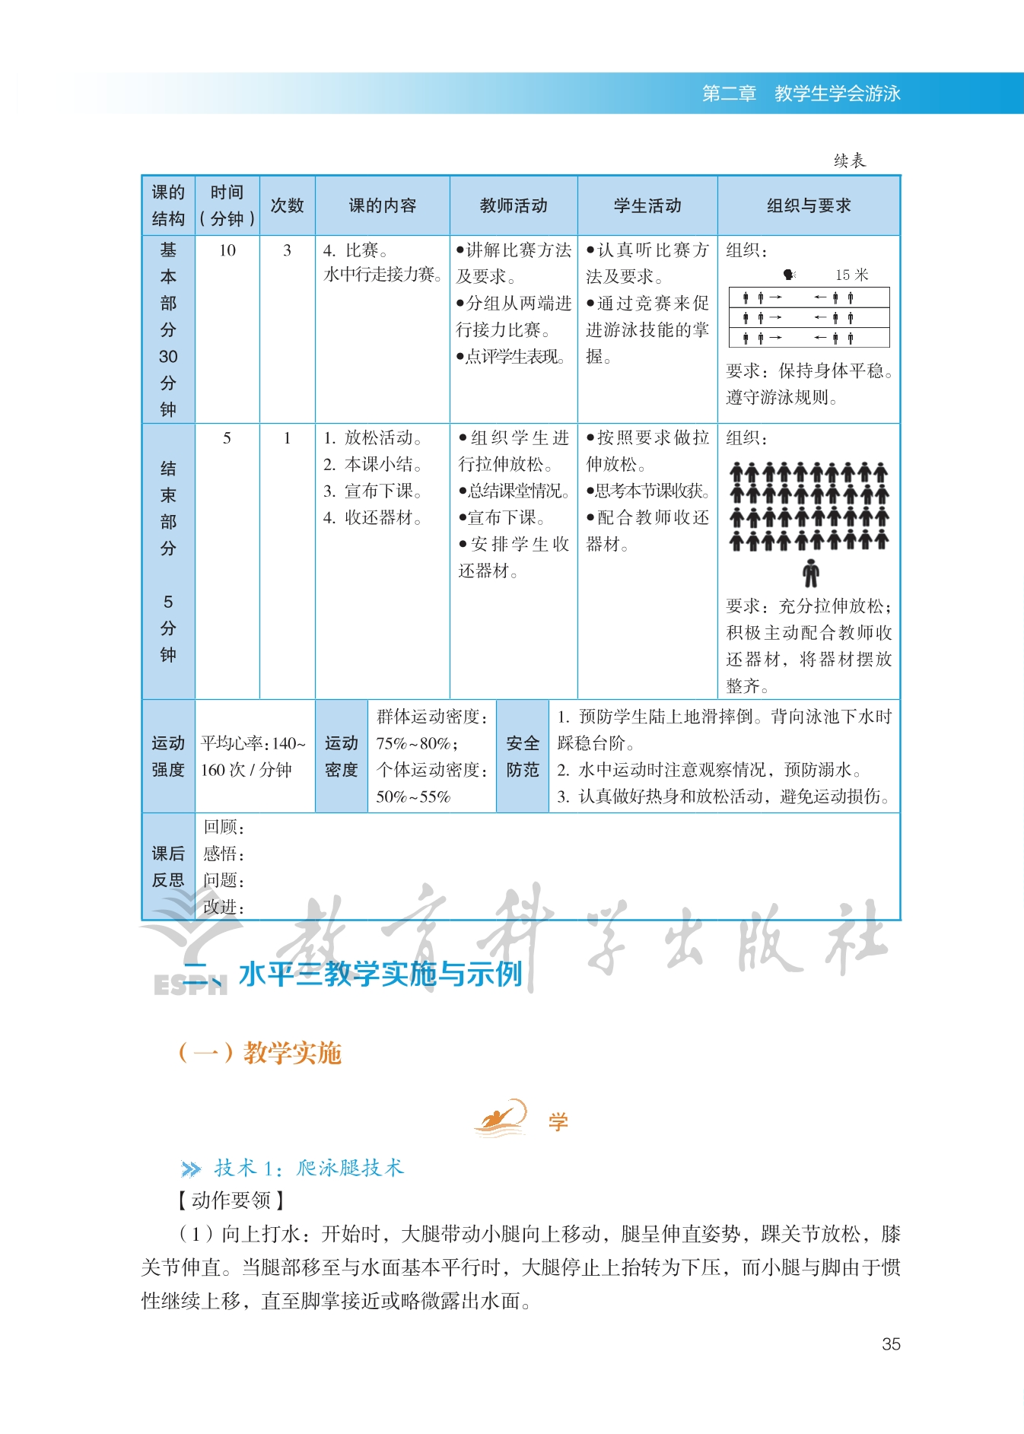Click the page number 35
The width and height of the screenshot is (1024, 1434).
coord(891,1344)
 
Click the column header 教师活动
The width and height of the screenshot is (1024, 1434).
coord(514,205)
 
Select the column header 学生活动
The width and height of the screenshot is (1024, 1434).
coord(647,205)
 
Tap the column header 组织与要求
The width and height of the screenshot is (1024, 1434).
coord(809,205)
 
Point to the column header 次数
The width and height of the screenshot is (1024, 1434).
coord(287,205)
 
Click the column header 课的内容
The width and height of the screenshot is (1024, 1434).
coord(383,205)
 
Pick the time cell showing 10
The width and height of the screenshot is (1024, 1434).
coord(227,250)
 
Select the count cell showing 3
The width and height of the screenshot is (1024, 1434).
coord(287,250)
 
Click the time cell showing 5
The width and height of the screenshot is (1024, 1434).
coord(227,438)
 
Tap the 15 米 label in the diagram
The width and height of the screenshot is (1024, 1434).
coord(851,275)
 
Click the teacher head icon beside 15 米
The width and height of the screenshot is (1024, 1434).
coord(789,275)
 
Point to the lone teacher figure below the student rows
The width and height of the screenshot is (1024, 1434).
coord(811,573)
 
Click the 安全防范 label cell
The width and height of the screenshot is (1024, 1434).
coord(523,756)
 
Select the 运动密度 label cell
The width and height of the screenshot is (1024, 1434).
coord(342,756)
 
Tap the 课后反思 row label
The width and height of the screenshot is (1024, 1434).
coord(168,866)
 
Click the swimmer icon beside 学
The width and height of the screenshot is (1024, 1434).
coord(501,1118)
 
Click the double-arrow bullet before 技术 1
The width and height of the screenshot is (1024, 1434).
coord(191,1169)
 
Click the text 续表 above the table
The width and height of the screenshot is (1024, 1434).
coord(849,161)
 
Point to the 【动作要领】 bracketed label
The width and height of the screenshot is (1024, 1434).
coord(231,1200)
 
